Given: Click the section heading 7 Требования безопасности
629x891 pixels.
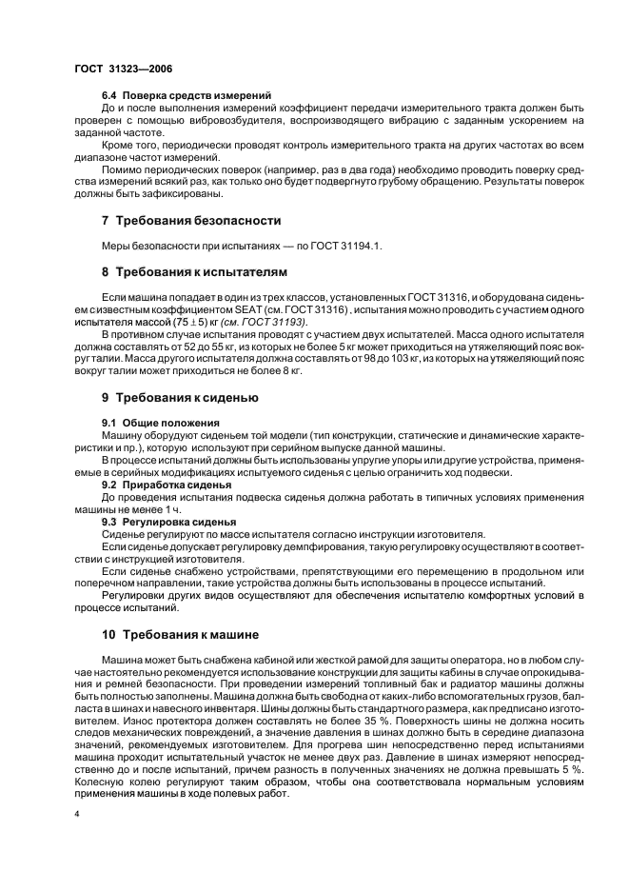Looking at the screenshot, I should click(x=191, y=221).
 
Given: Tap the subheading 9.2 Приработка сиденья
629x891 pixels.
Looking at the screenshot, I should click(x=166, y=485).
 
